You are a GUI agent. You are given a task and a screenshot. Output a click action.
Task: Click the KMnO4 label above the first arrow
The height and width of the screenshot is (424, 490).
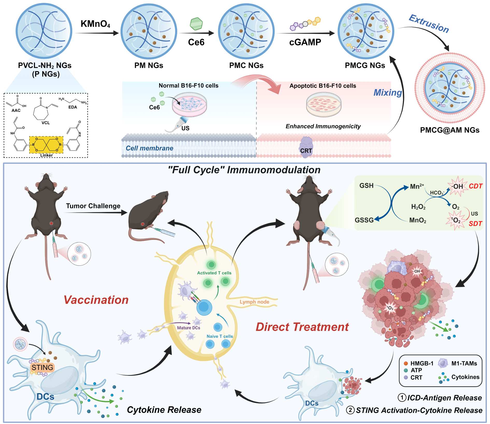pos(95,24)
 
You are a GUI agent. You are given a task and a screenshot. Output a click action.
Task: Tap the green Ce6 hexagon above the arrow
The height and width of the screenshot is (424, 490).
pos(196,24)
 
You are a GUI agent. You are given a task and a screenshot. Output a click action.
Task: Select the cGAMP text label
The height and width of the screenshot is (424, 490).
pos(305,42)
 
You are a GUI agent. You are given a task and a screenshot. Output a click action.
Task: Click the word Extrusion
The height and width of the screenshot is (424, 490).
pos(429,24)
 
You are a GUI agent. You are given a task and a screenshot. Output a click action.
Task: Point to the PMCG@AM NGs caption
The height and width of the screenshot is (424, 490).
pos(450,130)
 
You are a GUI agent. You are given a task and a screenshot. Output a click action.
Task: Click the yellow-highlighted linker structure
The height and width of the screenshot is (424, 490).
pos(46,145)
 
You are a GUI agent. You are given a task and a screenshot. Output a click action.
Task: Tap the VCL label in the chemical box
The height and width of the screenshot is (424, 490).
pos(46,123)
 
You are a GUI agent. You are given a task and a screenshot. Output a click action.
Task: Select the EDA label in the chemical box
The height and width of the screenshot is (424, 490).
pos(73,107)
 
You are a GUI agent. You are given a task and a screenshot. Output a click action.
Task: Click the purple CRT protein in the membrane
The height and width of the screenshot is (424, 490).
pos(306,147)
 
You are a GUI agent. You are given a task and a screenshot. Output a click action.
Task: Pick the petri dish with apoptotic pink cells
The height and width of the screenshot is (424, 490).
pos(324,104)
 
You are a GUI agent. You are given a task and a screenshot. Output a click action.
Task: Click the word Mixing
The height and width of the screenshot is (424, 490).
pos(387,93)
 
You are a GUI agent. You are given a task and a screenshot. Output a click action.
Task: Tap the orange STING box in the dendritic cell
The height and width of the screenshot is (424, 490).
pos(42,367)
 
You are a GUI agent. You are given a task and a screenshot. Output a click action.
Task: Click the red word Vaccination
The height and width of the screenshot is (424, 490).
pos(96,300)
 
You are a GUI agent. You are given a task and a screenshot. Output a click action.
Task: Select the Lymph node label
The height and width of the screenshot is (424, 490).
pos(254,302)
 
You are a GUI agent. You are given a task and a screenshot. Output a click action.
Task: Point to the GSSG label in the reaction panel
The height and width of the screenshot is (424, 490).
pos(364,220)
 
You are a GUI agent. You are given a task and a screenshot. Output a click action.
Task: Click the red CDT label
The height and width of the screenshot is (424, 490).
pos(475,186)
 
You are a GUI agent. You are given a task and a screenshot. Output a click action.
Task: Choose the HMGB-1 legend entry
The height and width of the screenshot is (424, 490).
pos(422,363)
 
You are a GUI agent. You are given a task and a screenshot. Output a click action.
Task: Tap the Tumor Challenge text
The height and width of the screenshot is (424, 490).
pos(93,206)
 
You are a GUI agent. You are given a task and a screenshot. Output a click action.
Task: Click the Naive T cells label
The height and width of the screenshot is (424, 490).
pos(219,336)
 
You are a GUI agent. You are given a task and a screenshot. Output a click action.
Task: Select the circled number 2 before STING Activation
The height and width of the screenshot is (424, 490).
pos(350,410)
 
